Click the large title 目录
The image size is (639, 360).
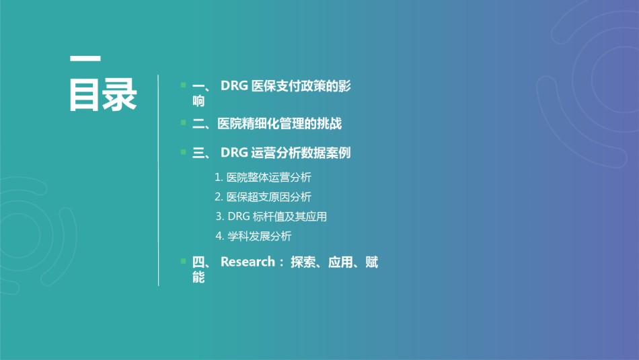pyautogui.click(x=103, y=95)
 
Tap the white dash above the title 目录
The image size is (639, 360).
pyautogui.click(x=85, y=59)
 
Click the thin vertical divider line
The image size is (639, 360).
pyautogui.click(x=158, y=180)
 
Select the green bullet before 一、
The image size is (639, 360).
pyautogui.click(x=184, y=85)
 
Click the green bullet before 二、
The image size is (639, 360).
pyautogui.click(x=184, y=122)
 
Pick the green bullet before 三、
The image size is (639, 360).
pyautogui.click(x=184, y=151)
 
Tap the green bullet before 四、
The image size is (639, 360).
pyautogui.click(x=184, y=261)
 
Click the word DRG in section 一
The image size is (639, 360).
pyautogui.click(x=234, y=85)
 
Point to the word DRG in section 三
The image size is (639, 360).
pyautogui.click(x=234, y=153)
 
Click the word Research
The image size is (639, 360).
pyautogui.click(x=248, y=262)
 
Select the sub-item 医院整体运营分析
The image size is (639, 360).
pyautogui.click(x=268, y=178)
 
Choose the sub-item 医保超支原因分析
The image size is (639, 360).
pyautogui.click(x=268, y=197)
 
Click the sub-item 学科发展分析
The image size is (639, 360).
pyautogui.click(x=260, y=236)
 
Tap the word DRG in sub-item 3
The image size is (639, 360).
pyautogui.click(x=239, y=217)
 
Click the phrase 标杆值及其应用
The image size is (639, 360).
pyautogui.click(x=290, y=217)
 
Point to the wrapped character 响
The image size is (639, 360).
pyautogui.click(x=198, y=101)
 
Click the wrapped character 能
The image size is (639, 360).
pyautogui.click(x=198, y=277)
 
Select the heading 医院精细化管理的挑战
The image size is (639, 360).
pyautogui.click(x=279, y=124)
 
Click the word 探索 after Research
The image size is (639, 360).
pyautogui.click(x=303, y=262)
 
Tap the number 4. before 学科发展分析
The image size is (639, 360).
pyautogui.click(x=220, y=236)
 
